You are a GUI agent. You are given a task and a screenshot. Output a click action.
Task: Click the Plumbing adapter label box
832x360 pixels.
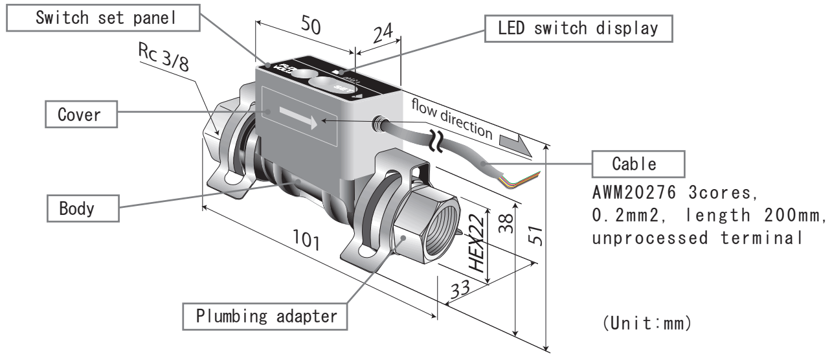[x=267, y=317]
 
